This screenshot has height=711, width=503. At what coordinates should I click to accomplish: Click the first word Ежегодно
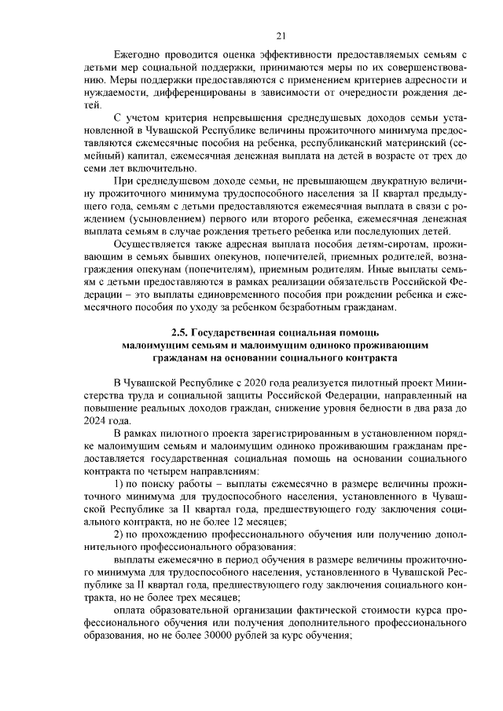coord(138,54)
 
